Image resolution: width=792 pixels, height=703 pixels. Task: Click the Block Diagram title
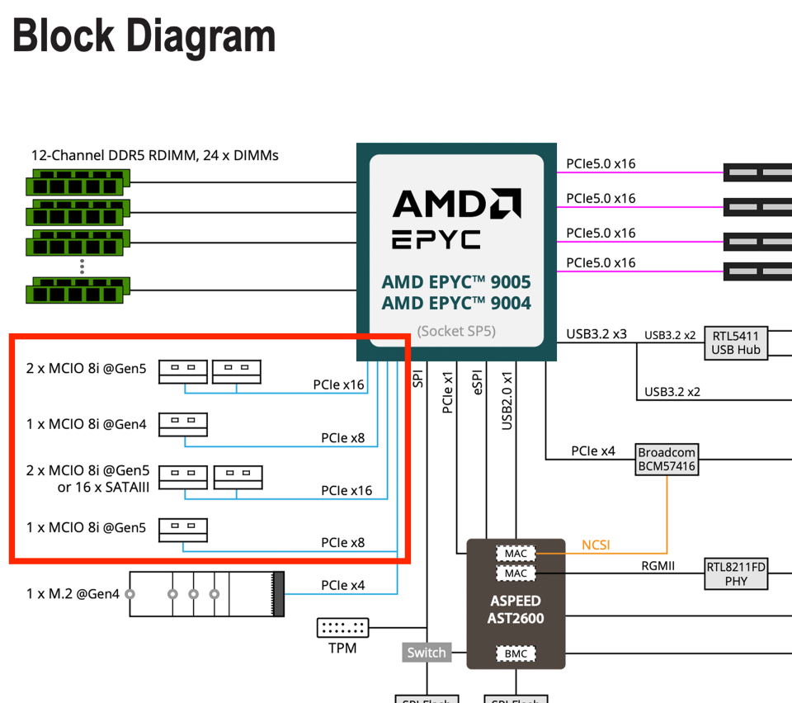pos(144,36)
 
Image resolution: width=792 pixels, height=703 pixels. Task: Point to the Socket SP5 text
pos(456,331)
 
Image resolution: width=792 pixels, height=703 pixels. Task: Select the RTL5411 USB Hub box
pos(735,342)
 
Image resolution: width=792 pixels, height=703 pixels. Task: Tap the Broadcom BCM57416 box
pos(667,460)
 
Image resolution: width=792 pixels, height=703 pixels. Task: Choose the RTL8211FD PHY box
pos(736,573)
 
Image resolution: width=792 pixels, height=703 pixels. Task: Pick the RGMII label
pos(658,566)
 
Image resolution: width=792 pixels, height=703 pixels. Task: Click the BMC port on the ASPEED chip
pos(516,654)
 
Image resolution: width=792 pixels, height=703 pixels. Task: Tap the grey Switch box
pos(427,653)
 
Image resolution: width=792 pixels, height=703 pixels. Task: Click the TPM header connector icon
pos(342,628)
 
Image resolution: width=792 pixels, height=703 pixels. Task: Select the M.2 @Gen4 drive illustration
pos(206,593)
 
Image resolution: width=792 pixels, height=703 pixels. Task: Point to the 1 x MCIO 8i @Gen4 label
pos(86,425)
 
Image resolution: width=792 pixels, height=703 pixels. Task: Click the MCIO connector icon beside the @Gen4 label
pos(183,424)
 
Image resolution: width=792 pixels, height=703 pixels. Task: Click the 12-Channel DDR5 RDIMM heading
pos(155,155)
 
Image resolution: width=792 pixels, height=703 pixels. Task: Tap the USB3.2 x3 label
pos(596,334)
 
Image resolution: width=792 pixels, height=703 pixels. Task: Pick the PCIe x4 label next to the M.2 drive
pos(343,586)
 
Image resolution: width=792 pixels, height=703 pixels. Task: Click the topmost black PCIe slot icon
pos(757,172)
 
